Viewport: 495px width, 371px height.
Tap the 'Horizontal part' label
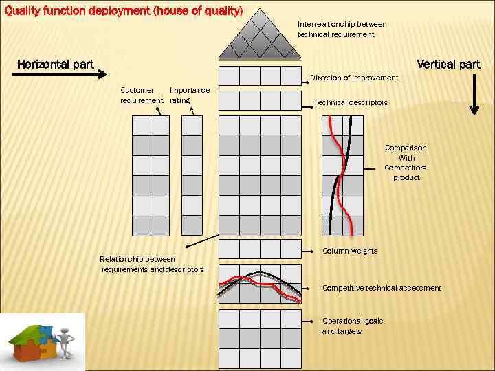click(x=55, y=65)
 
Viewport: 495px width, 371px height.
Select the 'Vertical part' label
click(x=448, y=65)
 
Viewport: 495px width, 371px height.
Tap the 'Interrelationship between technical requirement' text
click(x=342, y=29)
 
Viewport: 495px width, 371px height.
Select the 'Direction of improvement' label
click(x=353, y=78)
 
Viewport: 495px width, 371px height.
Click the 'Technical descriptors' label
click(x=351, y=102)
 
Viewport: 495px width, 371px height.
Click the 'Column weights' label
click(x=350, y=251)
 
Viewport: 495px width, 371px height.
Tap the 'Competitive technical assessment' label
click(x=382, y=288)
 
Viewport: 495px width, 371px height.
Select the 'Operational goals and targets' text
click(x=353, y=326)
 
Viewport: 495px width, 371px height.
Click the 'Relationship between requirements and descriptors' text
click(x=152, y=264)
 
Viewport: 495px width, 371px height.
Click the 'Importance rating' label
click(x=189, y=95)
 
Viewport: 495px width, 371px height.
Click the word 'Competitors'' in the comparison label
click(x=405, y=168)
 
